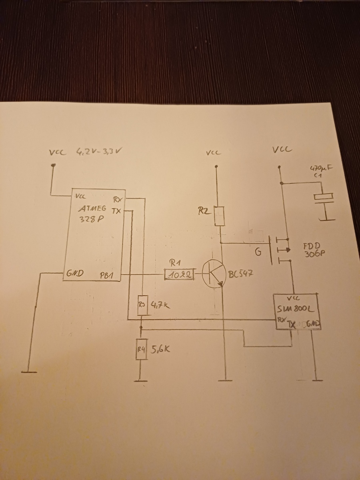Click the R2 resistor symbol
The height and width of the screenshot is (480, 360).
[x=219, y=216]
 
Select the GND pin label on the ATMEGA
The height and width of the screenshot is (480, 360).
[x=75, y=274]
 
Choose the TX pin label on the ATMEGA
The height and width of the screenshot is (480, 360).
[x=116, y=211]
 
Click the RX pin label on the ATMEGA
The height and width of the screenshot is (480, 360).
[x=118, y=199]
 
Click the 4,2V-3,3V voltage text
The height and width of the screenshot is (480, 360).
[x=98, y=152]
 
